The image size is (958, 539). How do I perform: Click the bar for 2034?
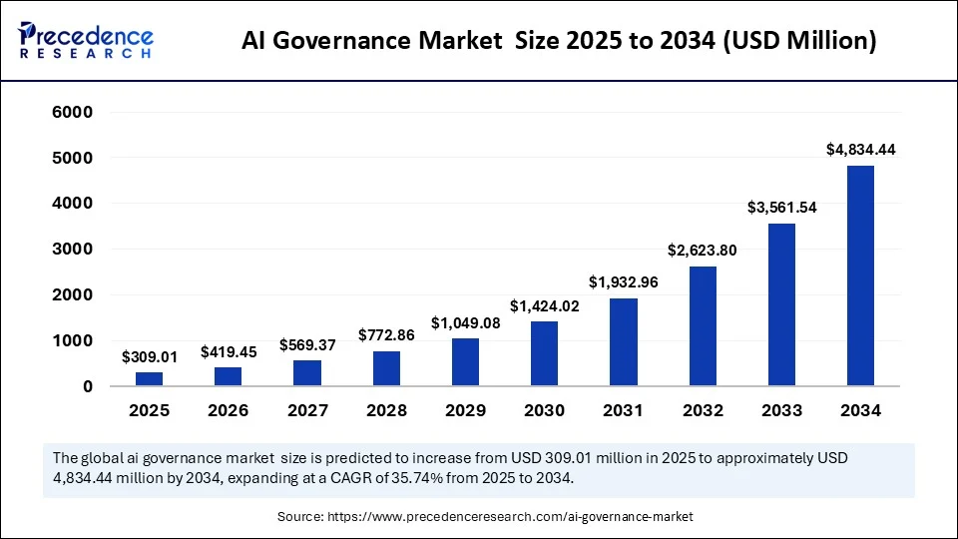tap(860, 275)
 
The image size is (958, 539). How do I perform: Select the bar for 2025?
tap(149, 378)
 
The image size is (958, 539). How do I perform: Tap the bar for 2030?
tap(544, 353)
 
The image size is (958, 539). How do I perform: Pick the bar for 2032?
tap(703, 325)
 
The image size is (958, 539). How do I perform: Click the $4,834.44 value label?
tap(860, 149)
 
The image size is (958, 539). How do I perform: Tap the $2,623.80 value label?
tap(703, 250)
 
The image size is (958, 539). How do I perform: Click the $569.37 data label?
tap(306, 344)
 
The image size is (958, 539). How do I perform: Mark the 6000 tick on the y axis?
tap(73, 112)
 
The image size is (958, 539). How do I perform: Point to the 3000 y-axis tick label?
tap(73, 249)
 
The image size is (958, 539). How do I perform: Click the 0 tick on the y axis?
tap(88, 386)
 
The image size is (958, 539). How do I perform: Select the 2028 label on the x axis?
tap(386, 410)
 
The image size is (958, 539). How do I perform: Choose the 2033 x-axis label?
tap(781, 410)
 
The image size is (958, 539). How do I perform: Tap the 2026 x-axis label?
tap(228, 410)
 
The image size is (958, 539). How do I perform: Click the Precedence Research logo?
tap(86, 39)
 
